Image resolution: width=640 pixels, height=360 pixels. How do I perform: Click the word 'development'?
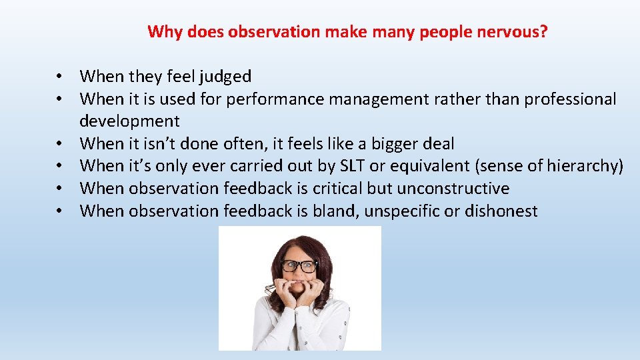tap(129, 121)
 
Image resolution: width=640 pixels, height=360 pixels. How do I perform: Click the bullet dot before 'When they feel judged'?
tap(60, 77)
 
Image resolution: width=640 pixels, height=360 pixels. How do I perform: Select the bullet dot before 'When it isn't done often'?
tap(60, 144)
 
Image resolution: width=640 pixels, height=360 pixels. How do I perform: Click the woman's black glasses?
tap(299, 266)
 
